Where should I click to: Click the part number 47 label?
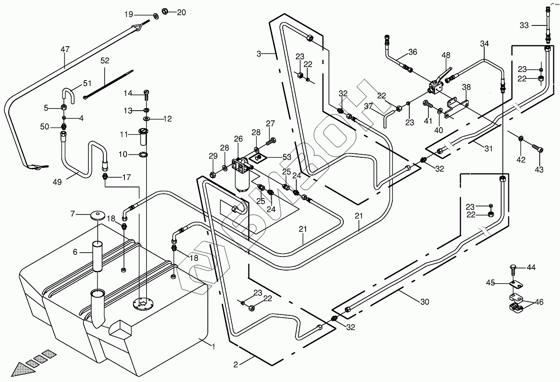tap(64, 50)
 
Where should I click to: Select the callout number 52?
tap(105, 61)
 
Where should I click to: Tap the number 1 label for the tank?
tap(214, 347)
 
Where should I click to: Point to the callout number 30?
tap(425, 302)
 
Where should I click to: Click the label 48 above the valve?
tap(446, 55)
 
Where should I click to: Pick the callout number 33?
tap(524, 25)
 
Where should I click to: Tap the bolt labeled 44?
tap(513, 268)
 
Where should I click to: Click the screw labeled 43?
tap(537, 149)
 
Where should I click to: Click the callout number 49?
tap(57, 182)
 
